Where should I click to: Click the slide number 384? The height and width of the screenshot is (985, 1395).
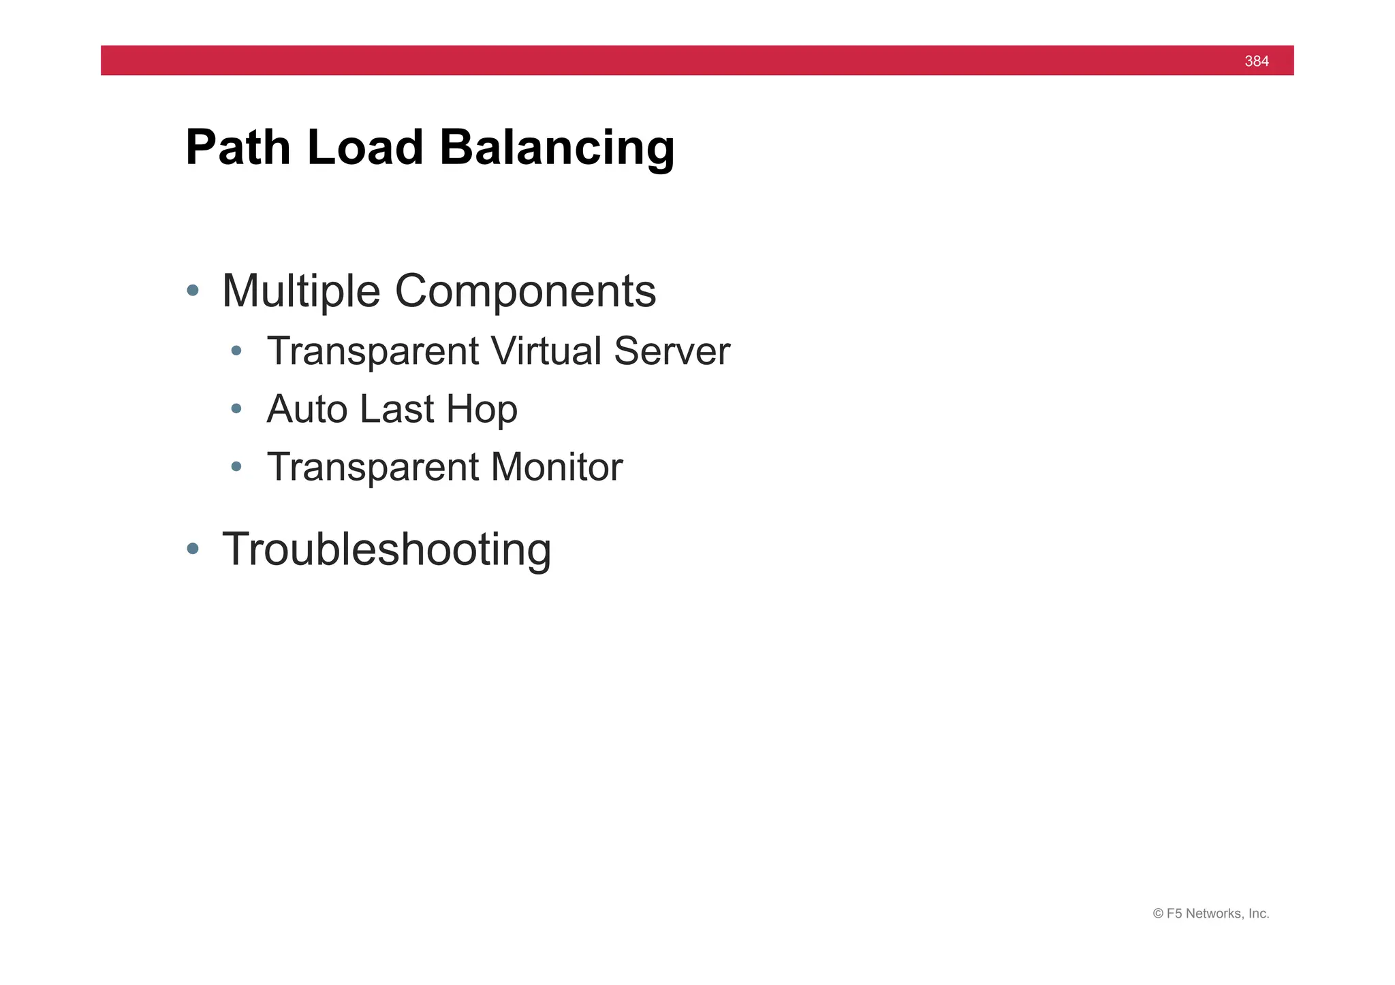(1256, 61)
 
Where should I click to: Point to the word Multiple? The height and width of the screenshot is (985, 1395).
(300, 291)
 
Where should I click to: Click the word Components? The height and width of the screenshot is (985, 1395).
(525, 291)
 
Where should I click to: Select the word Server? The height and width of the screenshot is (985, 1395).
(672, 351)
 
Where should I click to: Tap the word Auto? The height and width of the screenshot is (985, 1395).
(307, 409)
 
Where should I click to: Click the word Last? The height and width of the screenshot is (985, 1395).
(396, 409)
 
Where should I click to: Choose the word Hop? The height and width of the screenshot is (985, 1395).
(482, 409)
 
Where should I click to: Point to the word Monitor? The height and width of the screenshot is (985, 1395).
(556, 467)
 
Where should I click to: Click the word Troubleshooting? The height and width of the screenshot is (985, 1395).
(386, 549)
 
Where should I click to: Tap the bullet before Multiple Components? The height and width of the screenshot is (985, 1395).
(193, 291)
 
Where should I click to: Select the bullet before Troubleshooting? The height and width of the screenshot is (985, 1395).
(193, 548)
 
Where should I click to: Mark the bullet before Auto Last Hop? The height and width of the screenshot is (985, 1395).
(236, 408)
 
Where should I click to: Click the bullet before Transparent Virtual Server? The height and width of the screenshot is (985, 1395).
(236, 351)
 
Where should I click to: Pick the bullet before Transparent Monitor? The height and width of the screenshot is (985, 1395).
(236, 466)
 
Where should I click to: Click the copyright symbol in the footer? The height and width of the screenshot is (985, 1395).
(1158, 914)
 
